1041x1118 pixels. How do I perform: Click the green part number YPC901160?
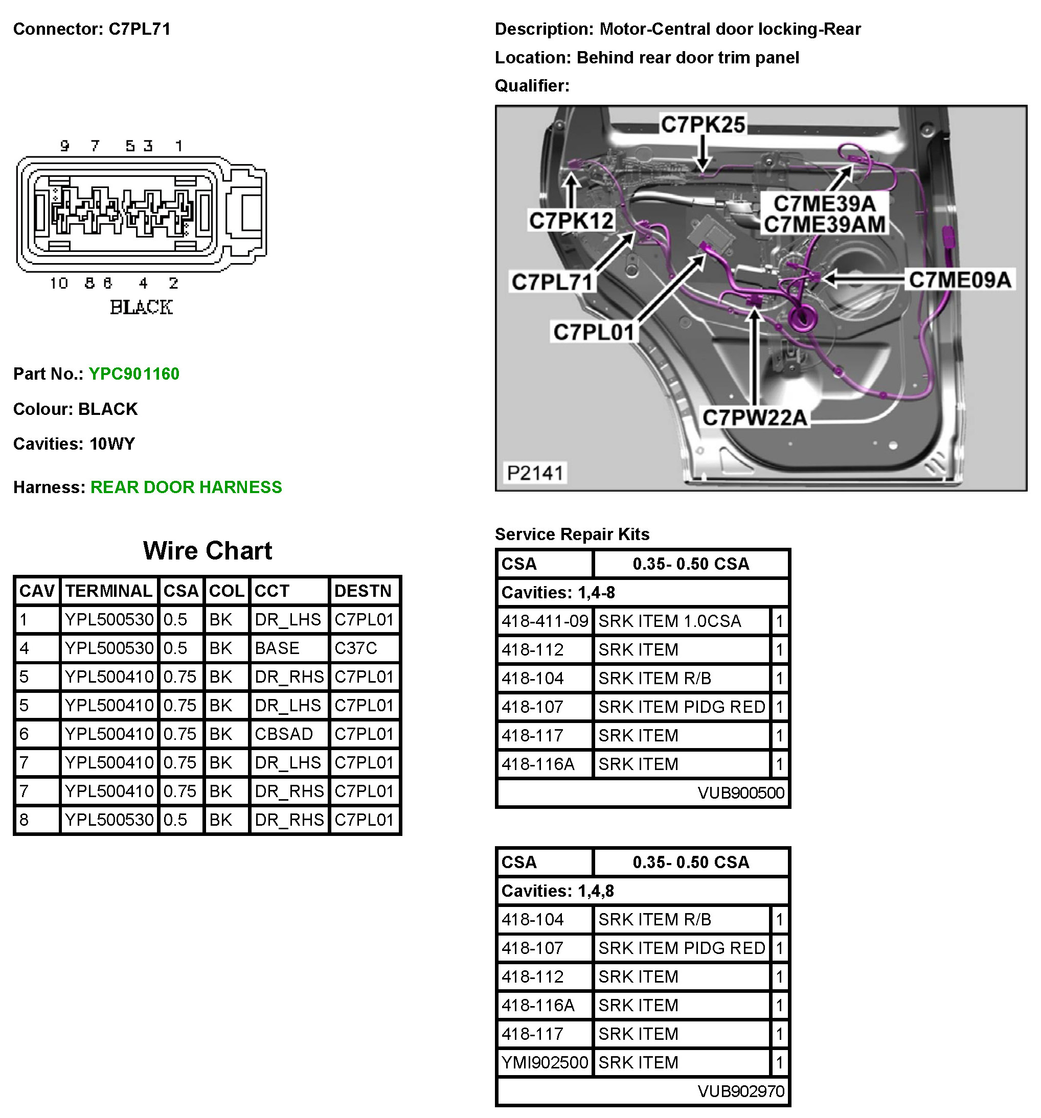tap(134, 374)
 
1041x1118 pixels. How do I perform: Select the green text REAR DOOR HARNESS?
tap(186, 487)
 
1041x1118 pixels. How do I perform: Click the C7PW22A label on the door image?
tap(755, 418)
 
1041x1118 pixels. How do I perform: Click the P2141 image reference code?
tap(535, 473)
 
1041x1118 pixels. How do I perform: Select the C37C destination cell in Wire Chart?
tap(356, 648)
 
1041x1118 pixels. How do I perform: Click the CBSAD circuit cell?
tap(284, 734)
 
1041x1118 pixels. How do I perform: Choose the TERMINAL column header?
tap(108, 591)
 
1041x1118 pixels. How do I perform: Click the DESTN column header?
tap(363, 591)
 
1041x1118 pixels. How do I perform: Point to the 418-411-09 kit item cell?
tap(545, 621)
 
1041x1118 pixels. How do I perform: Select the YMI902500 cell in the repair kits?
tap(545, 1063)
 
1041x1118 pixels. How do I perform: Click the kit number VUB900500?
tap(740, 793)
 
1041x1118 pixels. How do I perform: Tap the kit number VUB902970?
tap(740, 1091)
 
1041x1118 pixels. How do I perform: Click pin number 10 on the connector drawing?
tap(58, 284)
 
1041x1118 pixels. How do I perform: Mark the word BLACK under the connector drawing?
tap(141, 308)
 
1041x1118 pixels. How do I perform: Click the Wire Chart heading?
tap(207, 550)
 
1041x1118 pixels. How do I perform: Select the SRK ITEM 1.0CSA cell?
tap(670, 621)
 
